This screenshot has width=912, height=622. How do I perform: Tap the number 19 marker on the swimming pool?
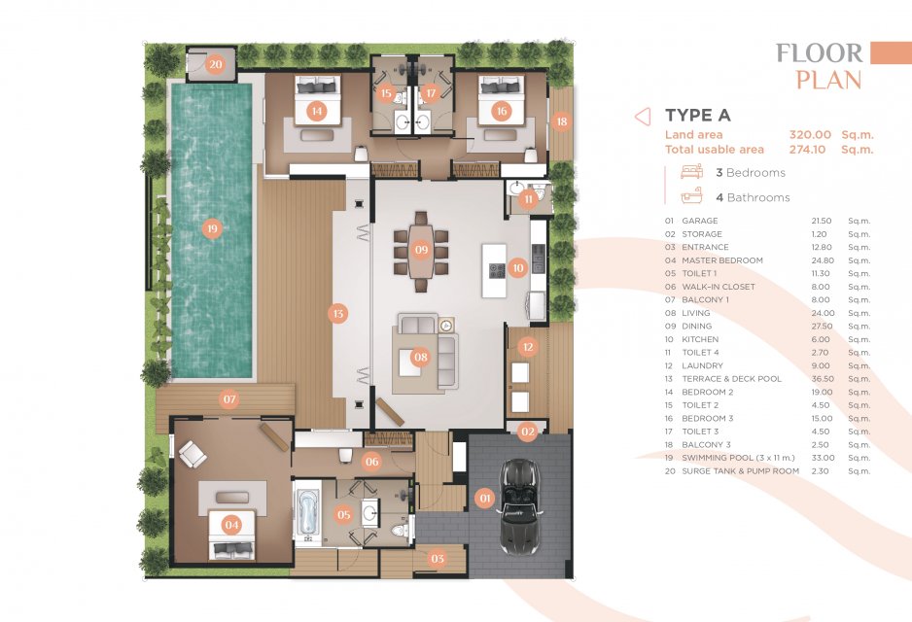212,228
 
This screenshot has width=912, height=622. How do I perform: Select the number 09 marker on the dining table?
421,250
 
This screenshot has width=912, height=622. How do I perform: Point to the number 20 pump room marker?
216,64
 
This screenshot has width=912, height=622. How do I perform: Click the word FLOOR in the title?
820,53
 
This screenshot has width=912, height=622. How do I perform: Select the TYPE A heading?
698,115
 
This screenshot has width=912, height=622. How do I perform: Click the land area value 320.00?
810,135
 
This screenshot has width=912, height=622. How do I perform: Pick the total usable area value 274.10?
807,150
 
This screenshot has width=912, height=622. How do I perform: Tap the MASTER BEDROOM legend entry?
722,260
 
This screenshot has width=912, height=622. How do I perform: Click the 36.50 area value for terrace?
823,378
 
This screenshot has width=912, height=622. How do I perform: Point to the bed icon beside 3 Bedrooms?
691,171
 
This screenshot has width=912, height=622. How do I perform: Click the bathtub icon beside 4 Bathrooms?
691,196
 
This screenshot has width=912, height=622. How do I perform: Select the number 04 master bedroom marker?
231,525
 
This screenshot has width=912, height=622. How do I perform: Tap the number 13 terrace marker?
338,314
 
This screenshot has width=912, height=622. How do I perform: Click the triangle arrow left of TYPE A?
642,117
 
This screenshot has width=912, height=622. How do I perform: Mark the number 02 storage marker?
528,432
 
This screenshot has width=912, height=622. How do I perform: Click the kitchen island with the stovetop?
494,270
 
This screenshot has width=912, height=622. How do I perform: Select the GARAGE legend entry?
700,221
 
